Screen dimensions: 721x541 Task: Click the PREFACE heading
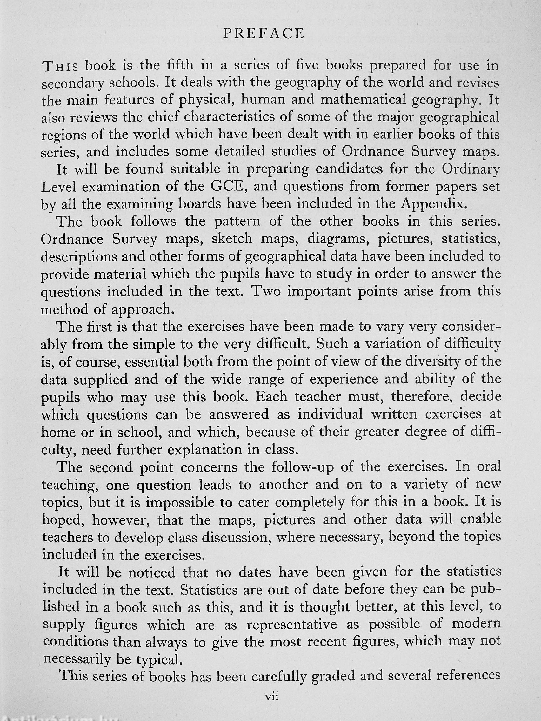pos(264,34)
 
